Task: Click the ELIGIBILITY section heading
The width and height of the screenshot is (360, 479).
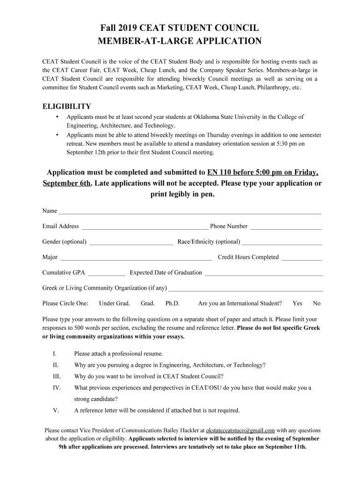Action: coord(66,107)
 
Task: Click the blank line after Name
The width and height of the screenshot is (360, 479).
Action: coord(189,211)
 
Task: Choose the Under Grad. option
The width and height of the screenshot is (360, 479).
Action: coord(115,304)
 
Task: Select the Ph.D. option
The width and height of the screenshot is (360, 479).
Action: coord(173,304)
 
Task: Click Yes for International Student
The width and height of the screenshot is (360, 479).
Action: coord(297,304)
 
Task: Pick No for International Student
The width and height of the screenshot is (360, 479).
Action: coord(317,304)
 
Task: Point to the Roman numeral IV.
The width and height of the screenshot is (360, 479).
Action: coord(57,388)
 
